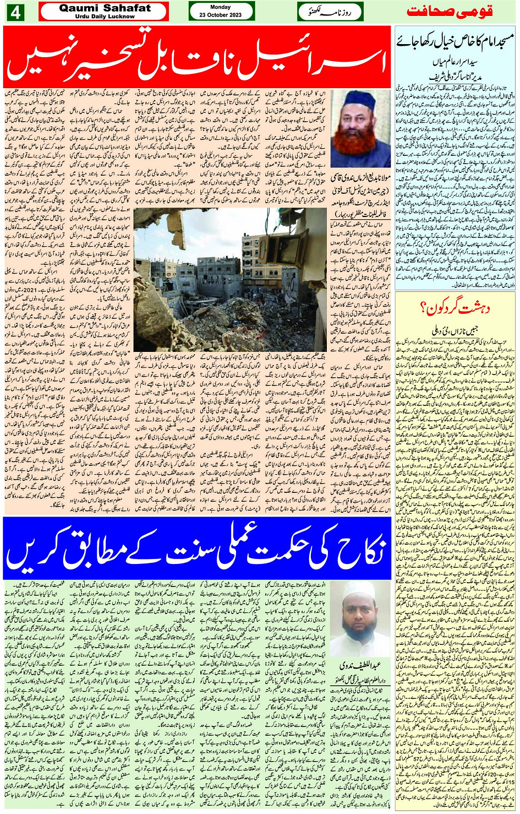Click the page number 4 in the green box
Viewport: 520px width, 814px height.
tap(14, 12)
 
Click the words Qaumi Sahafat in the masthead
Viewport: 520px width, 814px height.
tap(105, 8)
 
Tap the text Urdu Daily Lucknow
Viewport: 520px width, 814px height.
tap(105, 17)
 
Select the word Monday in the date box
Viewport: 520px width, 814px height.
tap(221, 7)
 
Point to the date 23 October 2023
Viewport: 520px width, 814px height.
tap(221, 15)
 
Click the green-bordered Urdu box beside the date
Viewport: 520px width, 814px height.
tap(330, 11)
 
